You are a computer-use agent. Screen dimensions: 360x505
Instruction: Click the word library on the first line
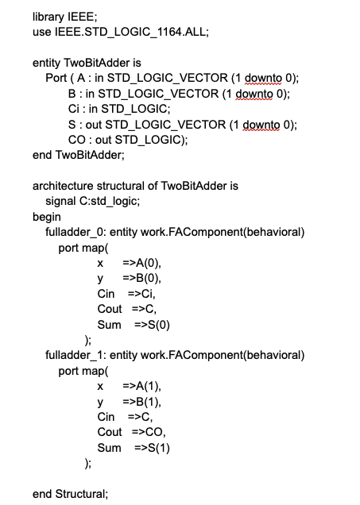coord(46,16)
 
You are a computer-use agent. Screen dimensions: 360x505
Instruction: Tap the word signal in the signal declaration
coord(61,201)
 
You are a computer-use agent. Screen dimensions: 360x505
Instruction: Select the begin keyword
coord(46,216)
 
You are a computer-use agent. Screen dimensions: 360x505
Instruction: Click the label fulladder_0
coord(74,232)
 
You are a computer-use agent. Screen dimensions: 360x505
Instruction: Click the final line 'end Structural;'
coord(69,493)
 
